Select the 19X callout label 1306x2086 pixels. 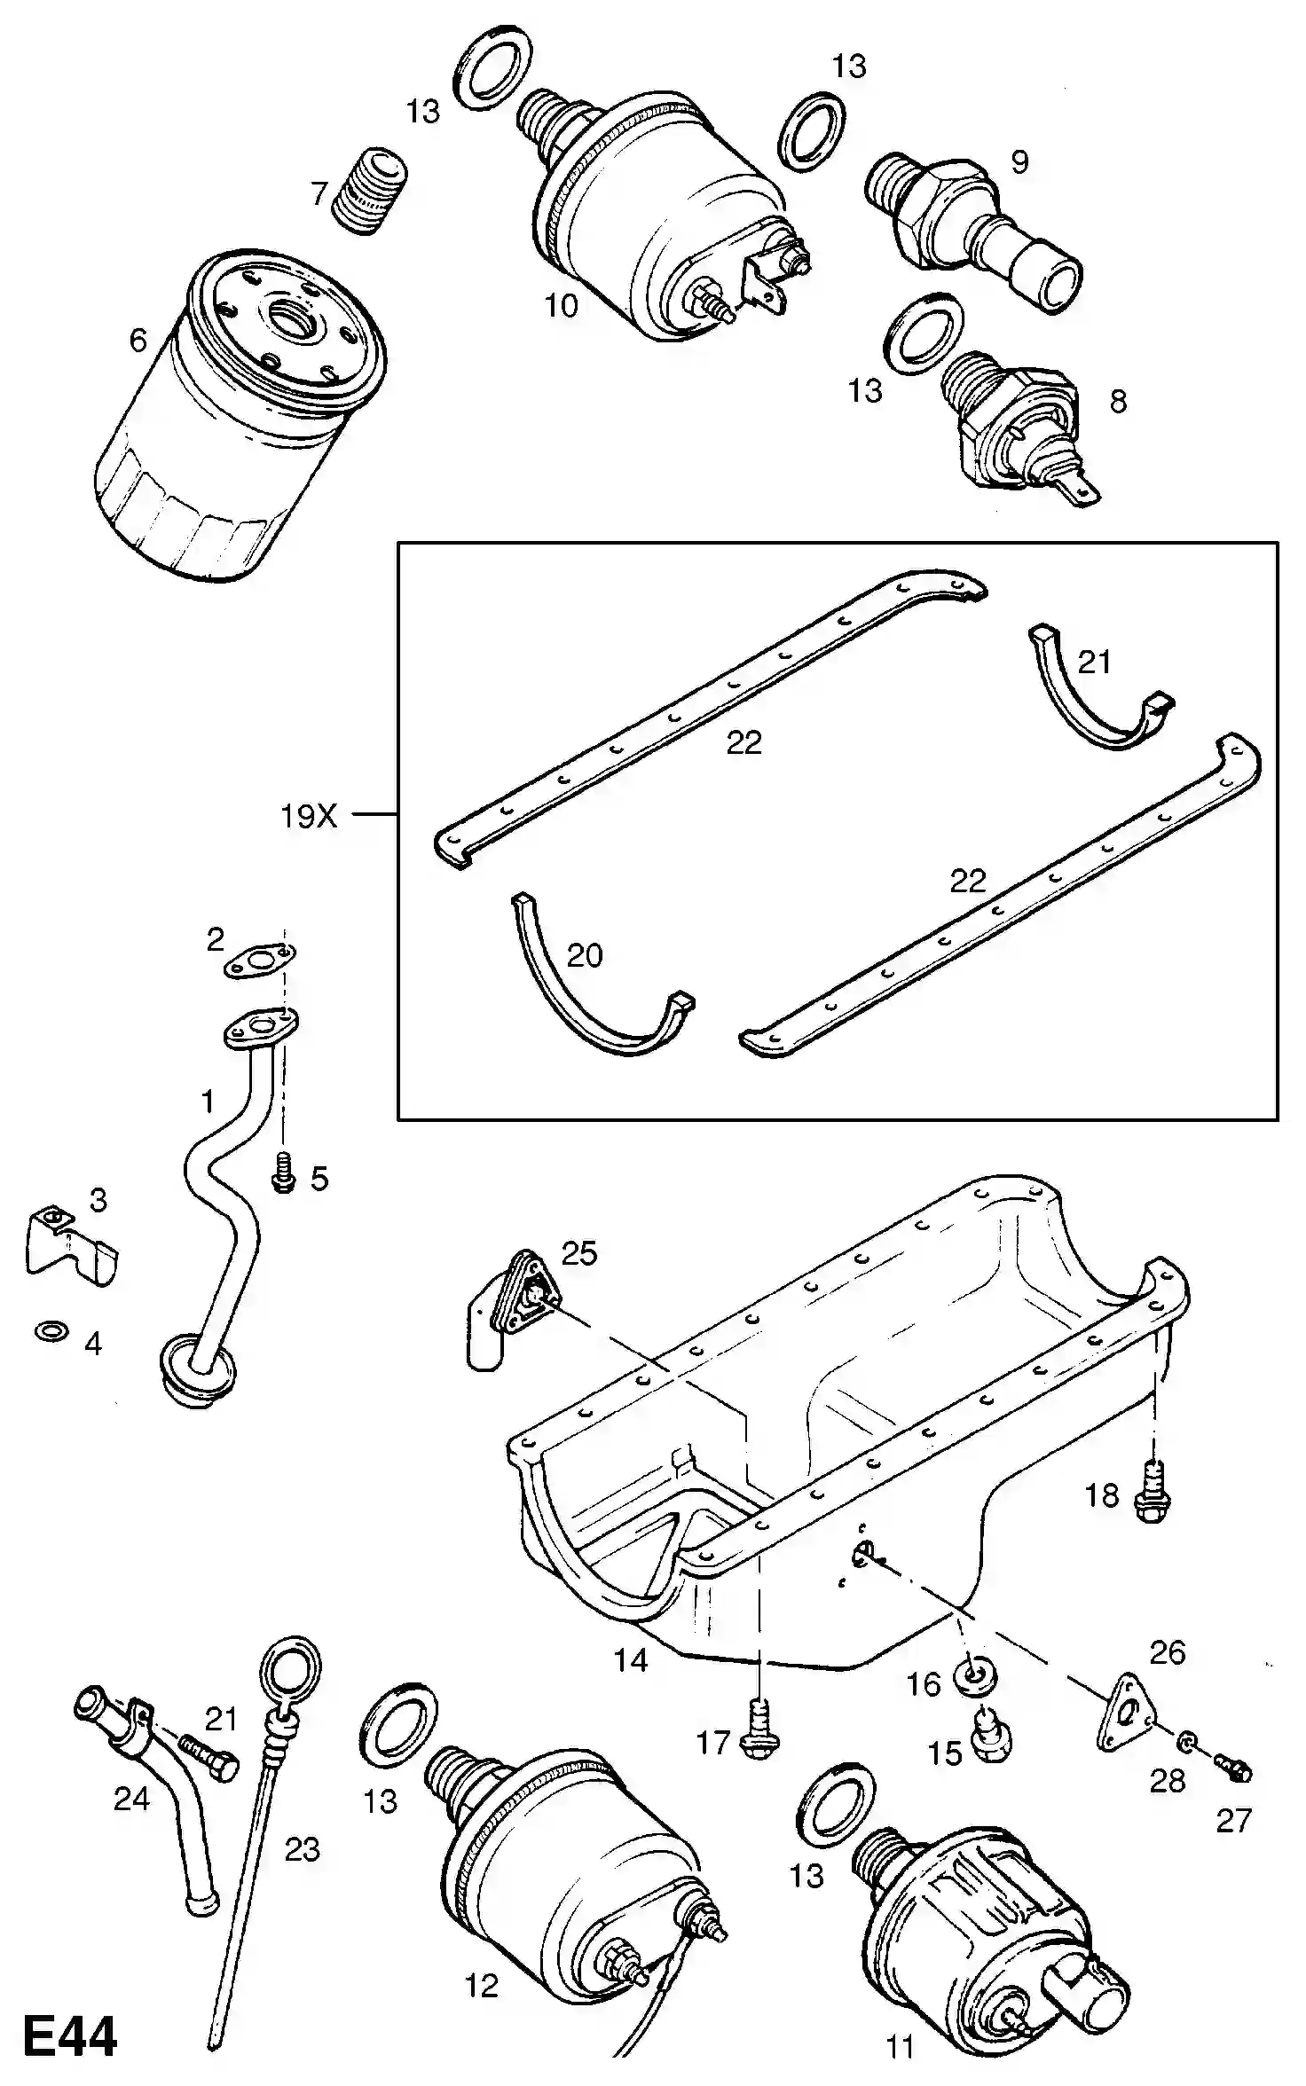(309, 816)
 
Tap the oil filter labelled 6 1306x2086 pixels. (240, 416)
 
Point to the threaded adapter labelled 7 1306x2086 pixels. (370, 192)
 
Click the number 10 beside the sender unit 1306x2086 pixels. (562, 306)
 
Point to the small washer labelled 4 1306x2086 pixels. (52, 1331)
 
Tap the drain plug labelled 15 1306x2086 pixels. (989, 1736)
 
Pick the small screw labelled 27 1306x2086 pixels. (1232, 1770)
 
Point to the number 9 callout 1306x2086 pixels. (1019, 162)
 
